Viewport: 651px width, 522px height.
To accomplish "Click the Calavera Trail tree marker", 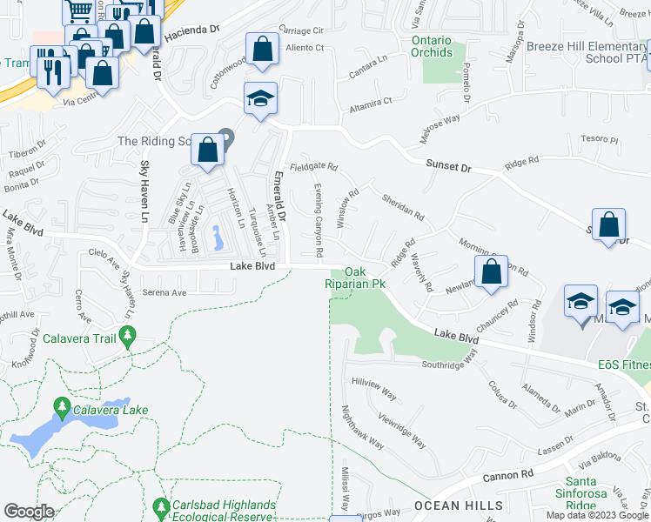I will pyautogui.click(x=128, y=336).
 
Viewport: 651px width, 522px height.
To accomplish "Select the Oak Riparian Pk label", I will pyautogui.click(x=354, y=278).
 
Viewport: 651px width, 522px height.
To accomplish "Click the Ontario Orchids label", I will pyautogui.click(x=432, y=46).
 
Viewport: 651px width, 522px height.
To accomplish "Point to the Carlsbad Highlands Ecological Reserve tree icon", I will pyautogui.click(x=160, y=505).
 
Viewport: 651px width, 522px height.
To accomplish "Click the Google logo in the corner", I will pyautogui.click(x=29, y=511).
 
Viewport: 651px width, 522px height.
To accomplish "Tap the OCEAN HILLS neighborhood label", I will pyautogui.click(x=458, y=505).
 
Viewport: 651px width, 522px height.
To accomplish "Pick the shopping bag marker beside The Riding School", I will pyautogui.click(x=208, y=149).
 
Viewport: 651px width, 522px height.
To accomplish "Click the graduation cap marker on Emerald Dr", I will pyautogui.click(x=259, y=100).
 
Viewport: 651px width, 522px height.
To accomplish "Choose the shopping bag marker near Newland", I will pyautogui.click(x=492, y=271).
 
